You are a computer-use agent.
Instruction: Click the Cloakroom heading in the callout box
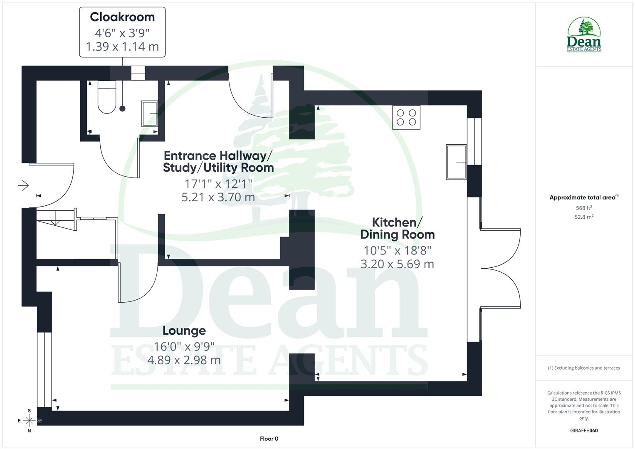coord(122,17)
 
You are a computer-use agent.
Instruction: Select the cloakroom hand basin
coord(150,113)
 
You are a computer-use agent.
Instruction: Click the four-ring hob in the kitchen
coord(406,117)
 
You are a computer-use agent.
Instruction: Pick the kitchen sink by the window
coord(456,162)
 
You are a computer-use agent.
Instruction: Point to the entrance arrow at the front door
coord(23,185)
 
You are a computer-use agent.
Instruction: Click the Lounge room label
coord(184,331)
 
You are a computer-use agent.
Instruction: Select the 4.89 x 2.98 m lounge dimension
coord(184,360)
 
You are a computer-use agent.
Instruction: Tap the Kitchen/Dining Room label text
coord(397,228)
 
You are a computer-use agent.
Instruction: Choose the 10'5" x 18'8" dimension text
coord(397,251)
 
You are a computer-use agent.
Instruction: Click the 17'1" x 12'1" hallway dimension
coord(218,183)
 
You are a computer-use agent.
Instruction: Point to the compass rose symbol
coord(30,420)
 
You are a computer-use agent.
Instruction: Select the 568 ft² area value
coord(584,208)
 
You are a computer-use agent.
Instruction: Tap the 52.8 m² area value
coord(584,217)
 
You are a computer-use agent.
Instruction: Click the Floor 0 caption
coord(269,439)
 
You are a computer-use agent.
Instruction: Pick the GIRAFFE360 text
coord(584,430)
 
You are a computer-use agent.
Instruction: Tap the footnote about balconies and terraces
coord(584,368)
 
